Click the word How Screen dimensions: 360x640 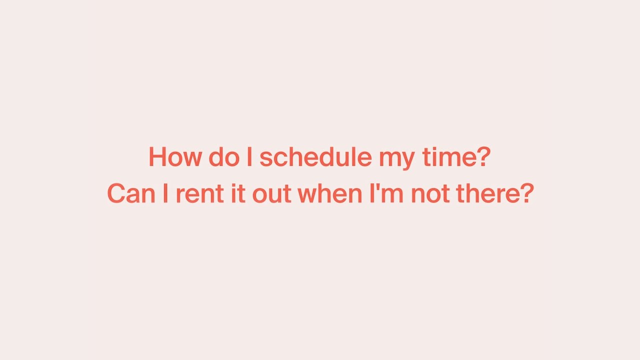pos(174,157)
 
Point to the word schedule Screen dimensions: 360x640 pos(315,157)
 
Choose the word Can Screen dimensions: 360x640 pos(131,194)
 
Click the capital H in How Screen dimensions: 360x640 pos(156,157)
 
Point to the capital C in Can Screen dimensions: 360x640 pos(116,194)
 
